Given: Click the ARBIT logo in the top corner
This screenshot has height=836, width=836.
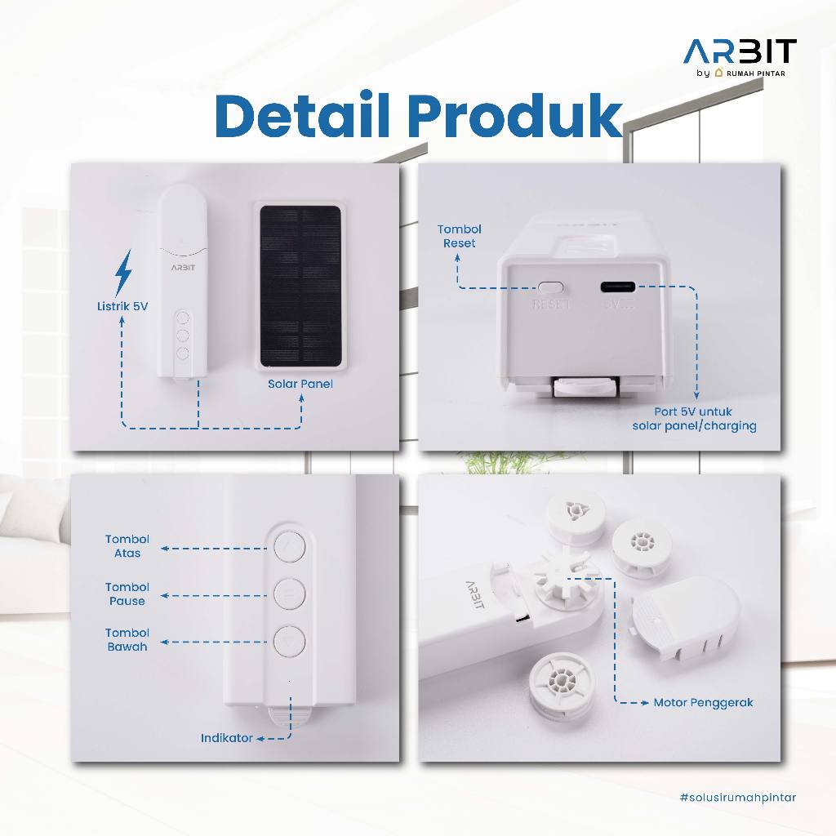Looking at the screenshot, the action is click(x=740, y=57).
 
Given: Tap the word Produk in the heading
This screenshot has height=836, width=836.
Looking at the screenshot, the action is click(x=515, y=116).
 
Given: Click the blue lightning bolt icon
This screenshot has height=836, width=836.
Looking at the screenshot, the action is click(x=123, y=272).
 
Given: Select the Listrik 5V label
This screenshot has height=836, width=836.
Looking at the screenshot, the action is click(x=122, y=306).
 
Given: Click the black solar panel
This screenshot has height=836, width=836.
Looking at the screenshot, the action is click(x=300, y=287).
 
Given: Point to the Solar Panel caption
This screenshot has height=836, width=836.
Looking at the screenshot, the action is click(x=300, y=384).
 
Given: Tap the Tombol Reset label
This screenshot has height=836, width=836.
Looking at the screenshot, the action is click(x=459, y=236).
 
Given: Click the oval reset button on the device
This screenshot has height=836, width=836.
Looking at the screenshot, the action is click(x=551, y=287).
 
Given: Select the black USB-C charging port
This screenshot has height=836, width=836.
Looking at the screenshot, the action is click(x=618, y=287).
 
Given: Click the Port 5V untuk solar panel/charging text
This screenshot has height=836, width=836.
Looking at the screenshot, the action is click(x=694, y=419).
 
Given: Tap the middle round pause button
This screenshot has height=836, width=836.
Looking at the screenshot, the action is click(x=290, y=593).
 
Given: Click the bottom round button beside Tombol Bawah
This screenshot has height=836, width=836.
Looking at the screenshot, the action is click(x=290, y=640).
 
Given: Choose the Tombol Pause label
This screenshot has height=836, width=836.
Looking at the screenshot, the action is click(x=127, y=594).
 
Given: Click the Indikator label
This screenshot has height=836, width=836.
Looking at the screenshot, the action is click(x=227, y=738).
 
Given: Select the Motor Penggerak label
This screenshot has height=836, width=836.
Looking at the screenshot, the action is click(x=703, y=703).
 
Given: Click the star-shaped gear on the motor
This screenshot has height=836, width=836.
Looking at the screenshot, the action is click(x=563, y=576).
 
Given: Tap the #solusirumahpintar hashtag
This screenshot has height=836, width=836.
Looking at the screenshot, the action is click(x=738, y=798).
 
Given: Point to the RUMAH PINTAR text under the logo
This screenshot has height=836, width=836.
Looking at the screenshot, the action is click(x=755, y=73).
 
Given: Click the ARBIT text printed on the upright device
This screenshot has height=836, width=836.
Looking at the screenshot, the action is click(x=183, y=267).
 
